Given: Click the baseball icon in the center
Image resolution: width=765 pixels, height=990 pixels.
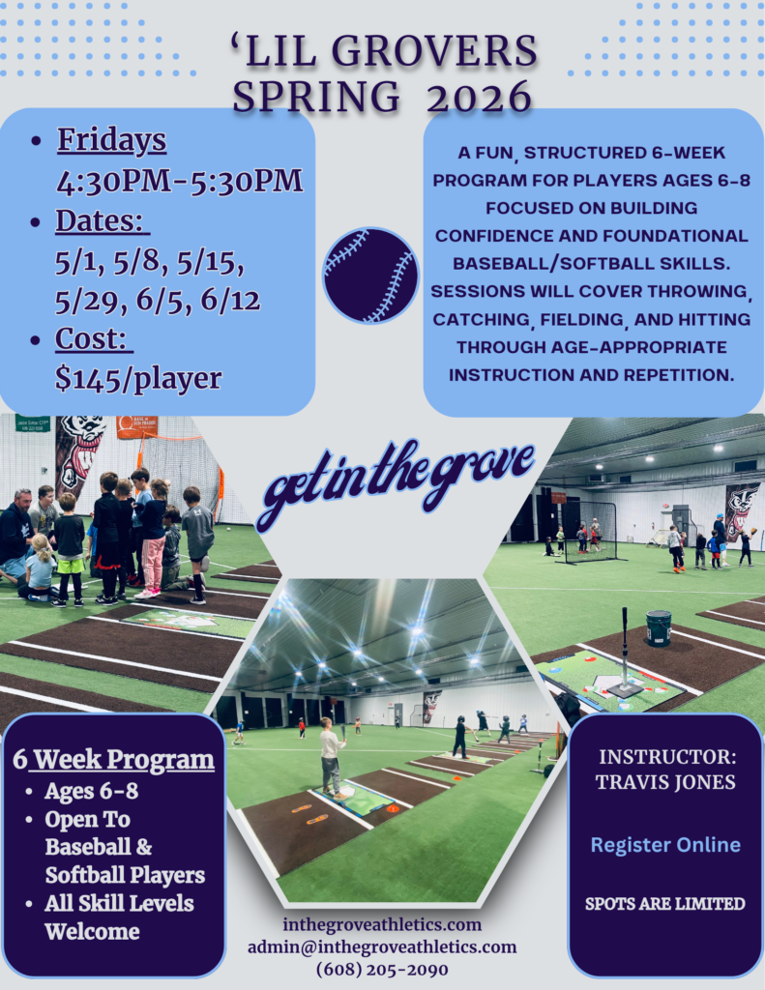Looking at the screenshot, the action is point(370,276).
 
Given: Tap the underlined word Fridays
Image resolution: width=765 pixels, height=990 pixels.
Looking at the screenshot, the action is point(112,140).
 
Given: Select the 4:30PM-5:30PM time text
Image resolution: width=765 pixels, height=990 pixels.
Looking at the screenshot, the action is point(180,181).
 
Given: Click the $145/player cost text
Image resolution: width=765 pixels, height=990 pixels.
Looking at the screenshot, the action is point(137,379).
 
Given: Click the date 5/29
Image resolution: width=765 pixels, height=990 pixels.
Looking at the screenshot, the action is point(86,302).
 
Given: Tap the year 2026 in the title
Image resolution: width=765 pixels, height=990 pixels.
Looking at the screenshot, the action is point(480,98).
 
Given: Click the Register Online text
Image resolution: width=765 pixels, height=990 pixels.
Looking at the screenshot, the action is point(665,845).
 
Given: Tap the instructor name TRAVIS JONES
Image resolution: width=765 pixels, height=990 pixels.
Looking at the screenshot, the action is point(665,782).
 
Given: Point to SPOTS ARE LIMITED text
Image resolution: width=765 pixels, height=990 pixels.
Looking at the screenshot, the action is point(665,904).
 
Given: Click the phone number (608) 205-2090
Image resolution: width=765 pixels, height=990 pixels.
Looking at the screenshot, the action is point(382,969).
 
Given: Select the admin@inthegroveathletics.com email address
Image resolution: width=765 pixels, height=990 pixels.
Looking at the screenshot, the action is point(382,947).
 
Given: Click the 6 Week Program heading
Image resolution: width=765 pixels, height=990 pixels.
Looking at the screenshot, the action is point(114,759).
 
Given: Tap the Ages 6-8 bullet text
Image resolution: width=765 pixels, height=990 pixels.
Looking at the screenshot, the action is point(92,791).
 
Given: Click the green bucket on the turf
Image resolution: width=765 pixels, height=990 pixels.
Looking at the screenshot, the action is point(658,627).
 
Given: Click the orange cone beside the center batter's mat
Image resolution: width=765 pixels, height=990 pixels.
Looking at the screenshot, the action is point(393,807).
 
